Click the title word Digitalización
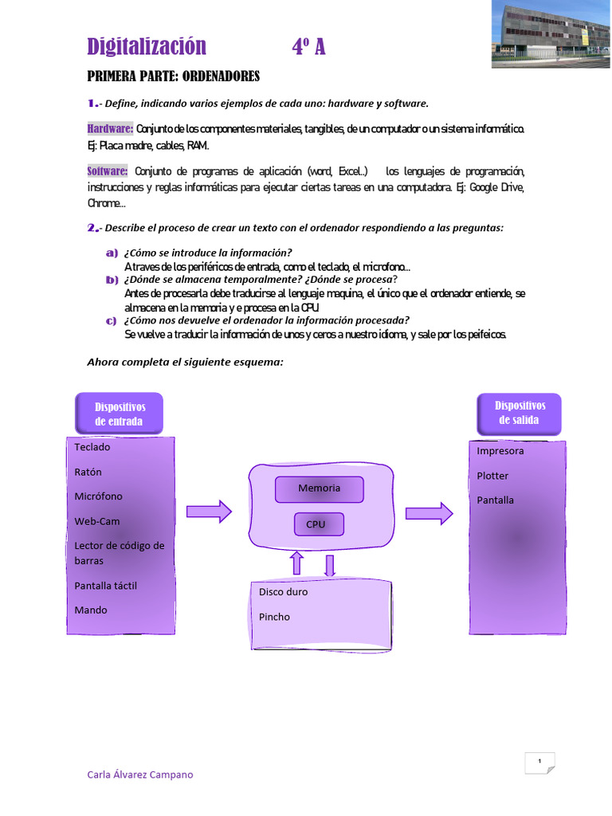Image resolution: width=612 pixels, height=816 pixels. coord(147,47)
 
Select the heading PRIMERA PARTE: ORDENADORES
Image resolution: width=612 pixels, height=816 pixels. coord(173,76)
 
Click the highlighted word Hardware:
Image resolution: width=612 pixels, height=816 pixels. coord(110,129)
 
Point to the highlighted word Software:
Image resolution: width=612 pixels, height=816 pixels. coord(108,171)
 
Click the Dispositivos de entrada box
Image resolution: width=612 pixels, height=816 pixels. coord(119,414)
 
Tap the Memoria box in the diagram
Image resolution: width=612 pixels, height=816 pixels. coord(319,488)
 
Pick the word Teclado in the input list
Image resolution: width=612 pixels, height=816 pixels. coord(92,447)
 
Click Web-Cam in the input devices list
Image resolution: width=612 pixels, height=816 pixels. coord(97,521)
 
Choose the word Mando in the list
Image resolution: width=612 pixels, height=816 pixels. coord(91,610)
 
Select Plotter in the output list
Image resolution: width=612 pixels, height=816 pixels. coord(492,476)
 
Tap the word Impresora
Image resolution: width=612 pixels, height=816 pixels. coord(500,451)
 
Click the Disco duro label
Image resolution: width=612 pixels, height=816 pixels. coord(283,592)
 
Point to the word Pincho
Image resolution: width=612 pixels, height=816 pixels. coord(274,617)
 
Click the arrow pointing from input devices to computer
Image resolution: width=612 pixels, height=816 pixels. coord(209,512)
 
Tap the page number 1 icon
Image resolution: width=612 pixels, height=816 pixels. coord(539,763)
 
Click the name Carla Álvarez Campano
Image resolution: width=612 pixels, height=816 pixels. coord(139,775)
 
